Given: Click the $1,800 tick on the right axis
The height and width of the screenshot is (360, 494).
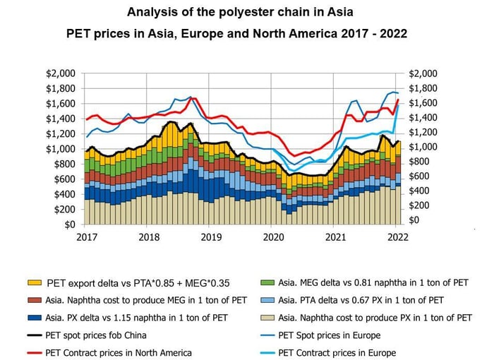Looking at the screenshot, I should [423, 88].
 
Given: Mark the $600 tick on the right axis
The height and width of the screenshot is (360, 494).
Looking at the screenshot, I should [421, 176].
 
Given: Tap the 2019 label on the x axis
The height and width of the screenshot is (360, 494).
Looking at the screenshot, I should [210, 237].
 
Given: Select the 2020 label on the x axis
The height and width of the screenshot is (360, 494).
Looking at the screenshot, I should [273, 237].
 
